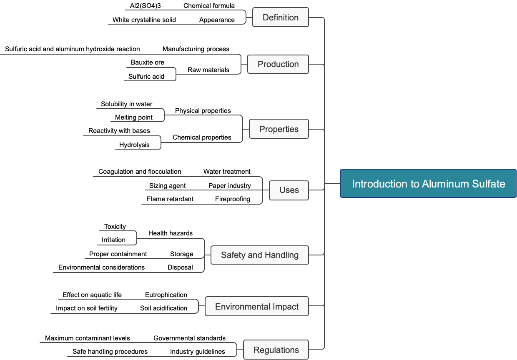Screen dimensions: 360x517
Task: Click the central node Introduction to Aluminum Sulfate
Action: (x=428, y=183)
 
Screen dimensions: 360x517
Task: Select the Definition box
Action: (x=281, y=17)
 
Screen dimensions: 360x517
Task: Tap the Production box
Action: (x=278, y=64)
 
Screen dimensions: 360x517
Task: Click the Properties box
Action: (x=279, y=129)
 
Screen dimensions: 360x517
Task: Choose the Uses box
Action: (x=289, y=190)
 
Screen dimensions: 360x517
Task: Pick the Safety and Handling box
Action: (x=260, y=255)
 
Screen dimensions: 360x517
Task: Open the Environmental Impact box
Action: (x=257, y=307)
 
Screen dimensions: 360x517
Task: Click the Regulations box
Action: (x=276, y=350)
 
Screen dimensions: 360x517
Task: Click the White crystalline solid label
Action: (x=144, y=20)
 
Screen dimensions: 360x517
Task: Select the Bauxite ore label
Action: (x=148, y=62)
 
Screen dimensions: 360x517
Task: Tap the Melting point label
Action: (x=134, y=117)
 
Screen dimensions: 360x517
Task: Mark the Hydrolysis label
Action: (x=134, y=145)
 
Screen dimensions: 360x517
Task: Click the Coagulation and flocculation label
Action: (x=140, y=172)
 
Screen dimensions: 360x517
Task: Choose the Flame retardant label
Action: (x=170, y=199)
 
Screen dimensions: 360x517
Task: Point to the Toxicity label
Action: (x=115, y=227)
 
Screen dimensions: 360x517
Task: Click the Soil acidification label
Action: (x=163, y=308)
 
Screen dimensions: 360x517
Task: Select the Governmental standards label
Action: (x=190, y=338)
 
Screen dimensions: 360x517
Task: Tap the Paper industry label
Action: (x=230, y=186)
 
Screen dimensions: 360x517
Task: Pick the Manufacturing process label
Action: (x=196, y=49)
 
